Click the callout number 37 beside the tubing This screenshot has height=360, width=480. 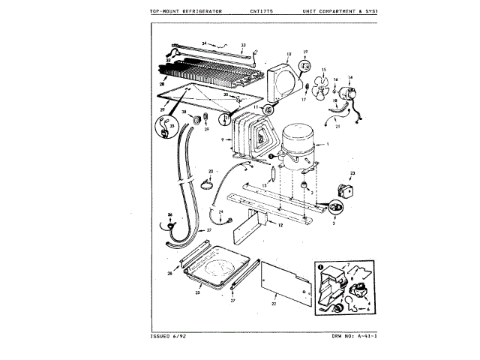pos(199,230)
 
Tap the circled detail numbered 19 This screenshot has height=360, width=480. pos(305,66)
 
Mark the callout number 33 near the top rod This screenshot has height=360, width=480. pos(243,45)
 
